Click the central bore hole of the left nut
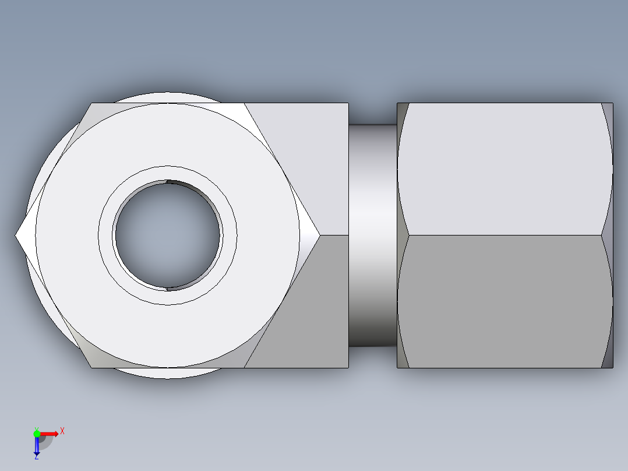coord(168,235)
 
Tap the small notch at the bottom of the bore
coord(168,288)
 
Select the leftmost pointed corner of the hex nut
coord(17,235)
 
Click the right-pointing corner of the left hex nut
coord(318,235)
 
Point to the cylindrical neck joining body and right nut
coord(373,235)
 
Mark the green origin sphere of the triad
coord(37,433)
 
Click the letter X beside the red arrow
coord(62,431)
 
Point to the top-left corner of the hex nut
coord(92,104)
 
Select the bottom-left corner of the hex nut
coord(92,367)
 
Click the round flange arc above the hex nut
coord(168,96)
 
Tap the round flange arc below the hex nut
coord(168,374)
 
